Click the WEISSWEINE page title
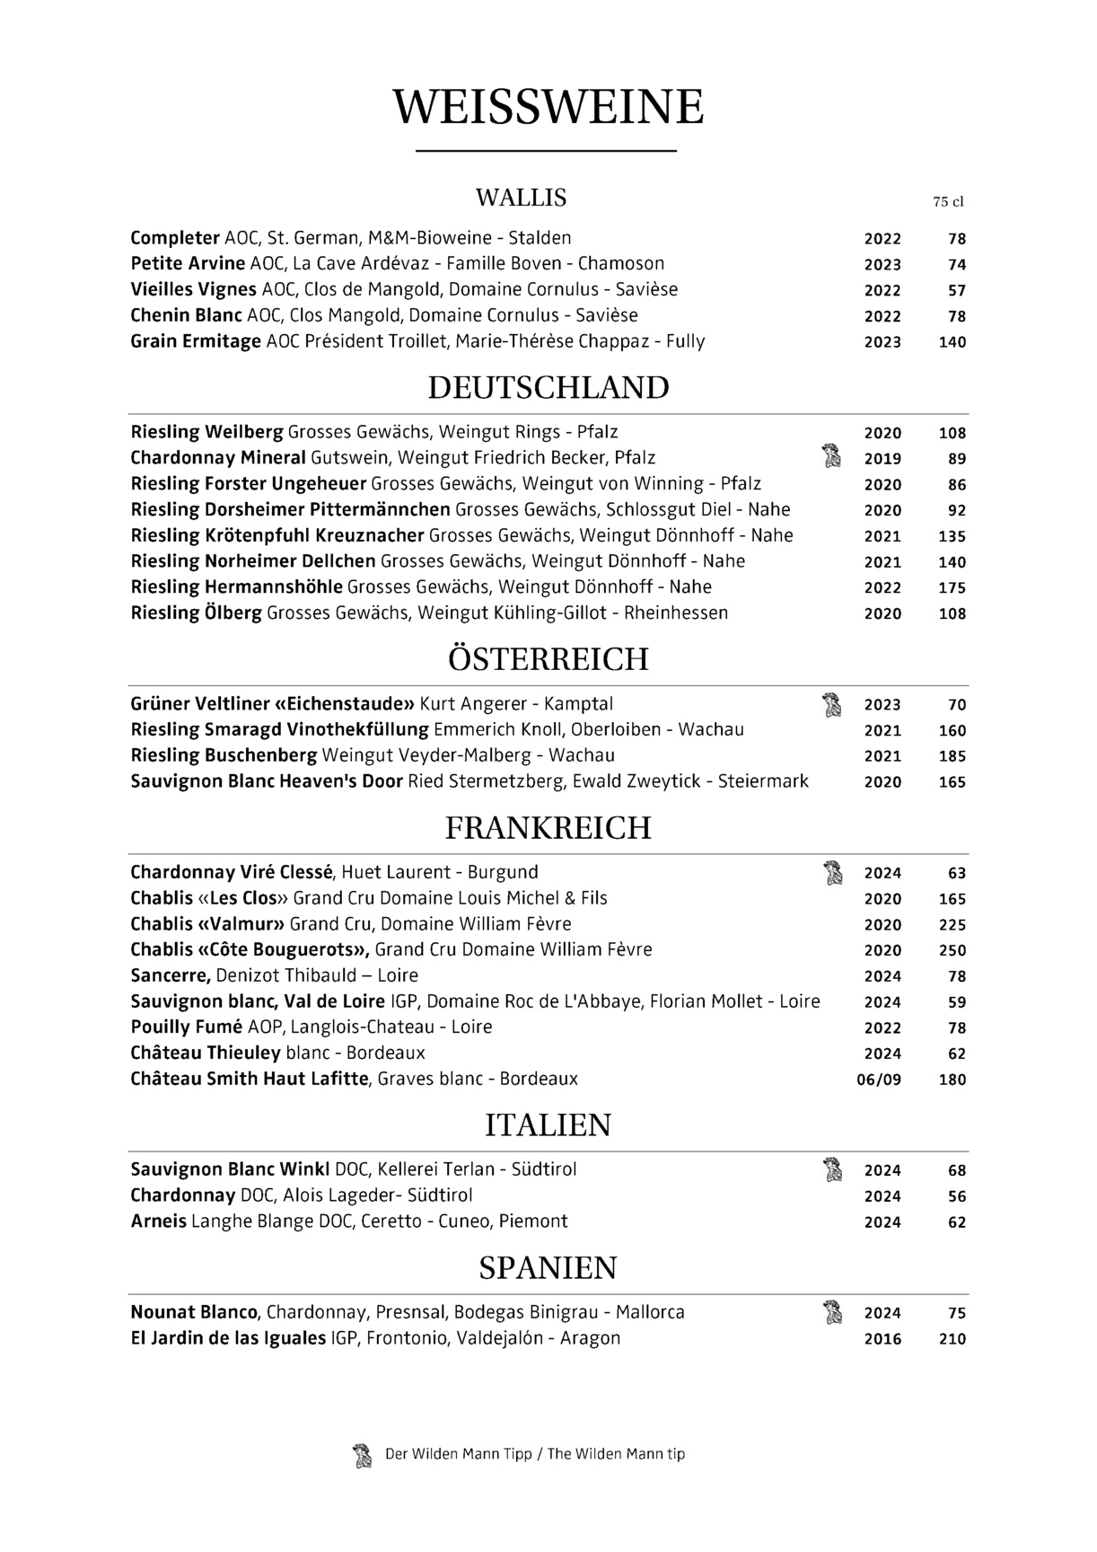point(548,107)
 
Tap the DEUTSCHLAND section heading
point(548,388)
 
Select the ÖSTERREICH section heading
point(548,659)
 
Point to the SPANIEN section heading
point(548,1268)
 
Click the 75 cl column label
point(948,202)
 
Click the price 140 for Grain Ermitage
point(952,342)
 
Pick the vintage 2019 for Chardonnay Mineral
point(882,459)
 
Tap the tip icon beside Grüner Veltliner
point(832,705)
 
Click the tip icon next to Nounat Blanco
point(832,1313)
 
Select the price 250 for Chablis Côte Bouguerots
point(952,950)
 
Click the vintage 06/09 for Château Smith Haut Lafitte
point(879,1080)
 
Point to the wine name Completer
point(175,238)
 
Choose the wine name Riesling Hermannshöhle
point(237,587)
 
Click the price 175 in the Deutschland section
point(952,588)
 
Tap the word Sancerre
point(171,975)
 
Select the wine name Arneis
point(159,1221)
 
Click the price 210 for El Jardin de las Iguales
point(952,1339)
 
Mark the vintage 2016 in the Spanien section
point(882,1339)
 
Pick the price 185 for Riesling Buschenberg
point(952,756)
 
